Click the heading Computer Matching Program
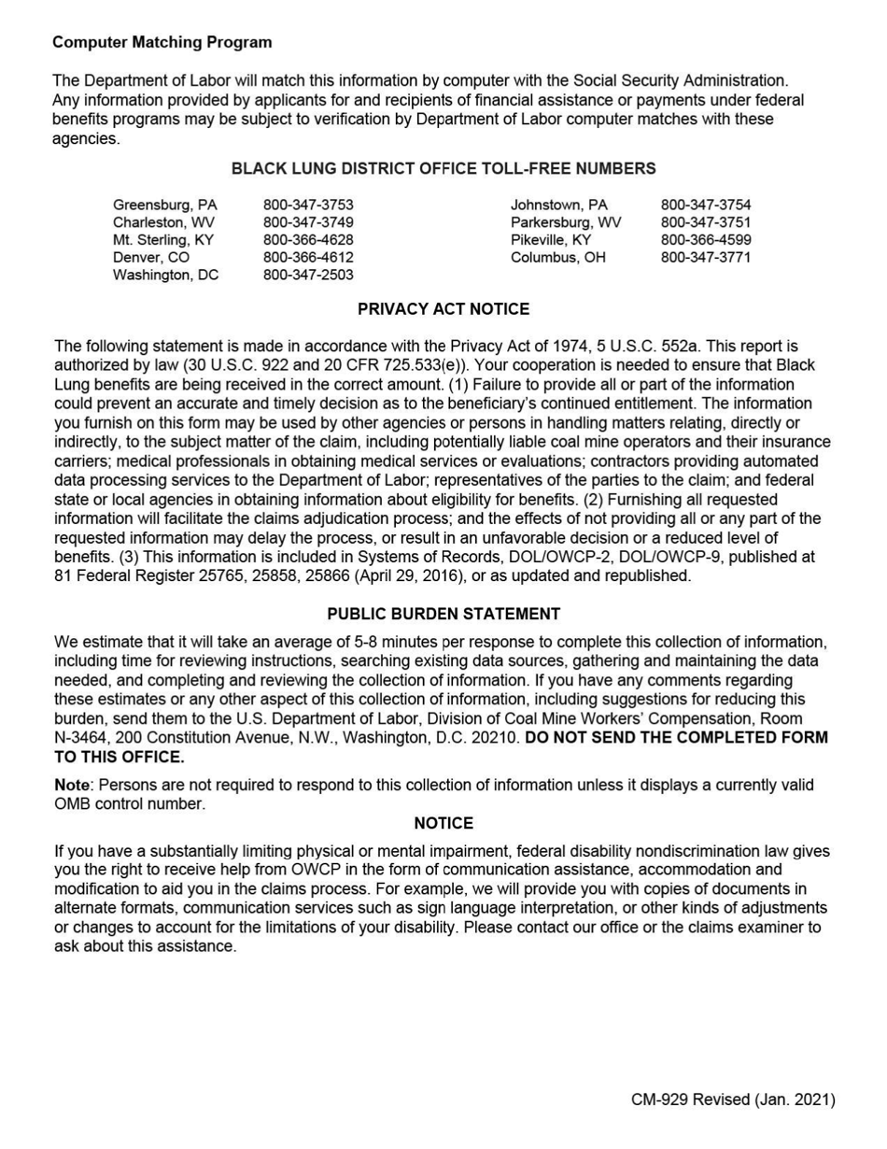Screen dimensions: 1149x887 tap(162, 42)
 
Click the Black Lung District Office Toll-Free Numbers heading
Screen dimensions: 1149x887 tap(443, 169)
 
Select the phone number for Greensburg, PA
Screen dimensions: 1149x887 tap(308, 205)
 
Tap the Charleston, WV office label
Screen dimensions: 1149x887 tap(163, 222)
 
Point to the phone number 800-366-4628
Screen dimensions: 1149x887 tap(308, 240)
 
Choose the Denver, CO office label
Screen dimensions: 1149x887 tap(151, 258)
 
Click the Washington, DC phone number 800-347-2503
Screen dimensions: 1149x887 tap(308, 276)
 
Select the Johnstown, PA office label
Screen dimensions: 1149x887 tap(558, 205)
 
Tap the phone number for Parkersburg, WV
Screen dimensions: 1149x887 tap(706, 222)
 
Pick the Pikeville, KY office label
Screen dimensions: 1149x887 tap(551, 240)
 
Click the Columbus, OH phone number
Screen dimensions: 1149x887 tap(706, 258)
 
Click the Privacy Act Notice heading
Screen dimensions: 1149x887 tap(443, 309)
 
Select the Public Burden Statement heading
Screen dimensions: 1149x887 tap(443, 615)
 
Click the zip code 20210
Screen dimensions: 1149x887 tap(495, 738)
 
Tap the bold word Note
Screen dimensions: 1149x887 tap(72, 786)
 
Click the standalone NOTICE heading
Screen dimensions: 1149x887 tap(443, 824)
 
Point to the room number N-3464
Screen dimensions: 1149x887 tap(81, 738)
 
